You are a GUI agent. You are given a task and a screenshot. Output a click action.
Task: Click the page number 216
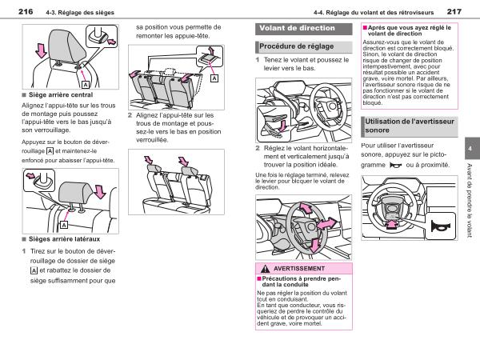25,11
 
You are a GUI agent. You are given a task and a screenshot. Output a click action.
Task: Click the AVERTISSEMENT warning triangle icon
263,268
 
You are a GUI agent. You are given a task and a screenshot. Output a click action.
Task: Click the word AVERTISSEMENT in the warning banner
298,268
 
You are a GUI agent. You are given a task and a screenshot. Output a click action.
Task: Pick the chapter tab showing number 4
470,150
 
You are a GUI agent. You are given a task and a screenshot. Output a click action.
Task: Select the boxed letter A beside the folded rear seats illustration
214,79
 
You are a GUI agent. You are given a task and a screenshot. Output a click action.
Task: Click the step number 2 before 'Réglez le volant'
258,149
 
